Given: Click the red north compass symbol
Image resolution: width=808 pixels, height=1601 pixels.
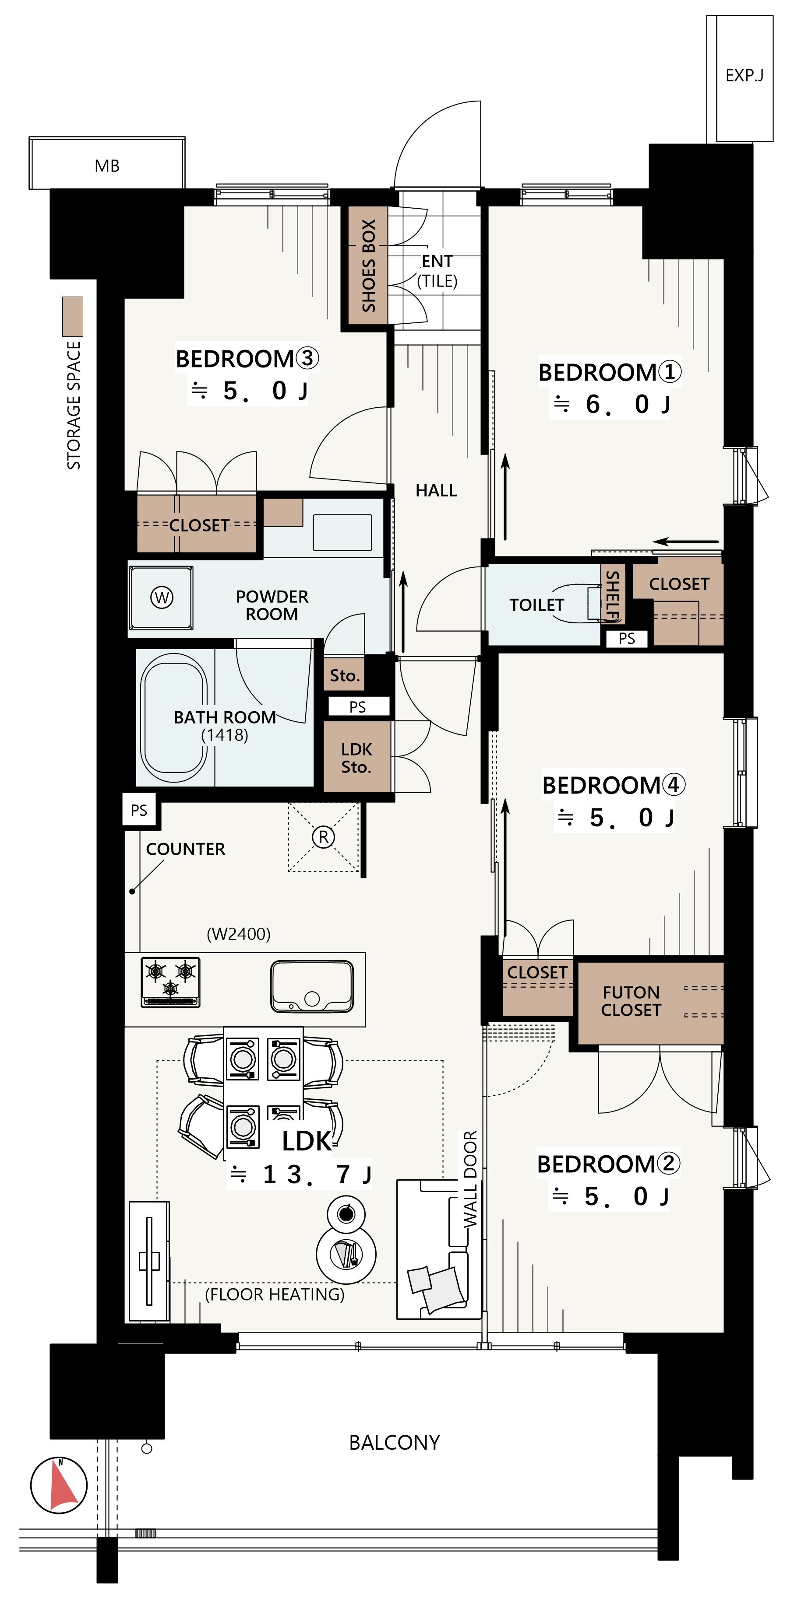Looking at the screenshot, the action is (x=59, y=1486).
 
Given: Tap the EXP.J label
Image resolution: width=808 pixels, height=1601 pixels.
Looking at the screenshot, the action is (x=744, y=75).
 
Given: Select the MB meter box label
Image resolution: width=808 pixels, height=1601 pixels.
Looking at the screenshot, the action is (x=107, y=166).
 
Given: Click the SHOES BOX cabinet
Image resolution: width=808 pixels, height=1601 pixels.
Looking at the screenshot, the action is (x=367, y=266).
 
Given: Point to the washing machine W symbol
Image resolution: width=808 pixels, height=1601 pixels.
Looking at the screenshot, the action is (x=162, y=597).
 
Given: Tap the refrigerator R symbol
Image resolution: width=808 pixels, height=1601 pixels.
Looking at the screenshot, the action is (x=324, y=836).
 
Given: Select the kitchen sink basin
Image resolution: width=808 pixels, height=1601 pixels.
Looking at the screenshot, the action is (x=312, y=986).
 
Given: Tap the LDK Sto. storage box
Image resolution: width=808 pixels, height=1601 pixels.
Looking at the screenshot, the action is (x=357, y=756).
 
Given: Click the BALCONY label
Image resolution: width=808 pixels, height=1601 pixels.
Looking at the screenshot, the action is (x=394, y=1442).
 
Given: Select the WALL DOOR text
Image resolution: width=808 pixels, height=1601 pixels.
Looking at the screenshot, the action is (x=470, y=1178).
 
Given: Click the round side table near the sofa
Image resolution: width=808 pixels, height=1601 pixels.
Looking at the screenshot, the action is (x=346, y=1254).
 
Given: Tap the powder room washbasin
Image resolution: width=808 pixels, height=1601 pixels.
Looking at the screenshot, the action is (x=342, y=532).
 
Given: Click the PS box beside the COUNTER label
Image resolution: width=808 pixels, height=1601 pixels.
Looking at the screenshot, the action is (x=139, y=810).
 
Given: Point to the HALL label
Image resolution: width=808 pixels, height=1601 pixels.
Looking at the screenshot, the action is (x=436, y=490).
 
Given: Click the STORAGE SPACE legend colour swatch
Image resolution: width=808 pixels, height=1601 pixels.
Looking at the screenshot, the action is (x=73, y=316).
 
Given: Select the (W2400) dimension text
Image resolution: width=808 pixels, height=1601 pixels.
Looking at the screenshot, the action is (x=238, y=933).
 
